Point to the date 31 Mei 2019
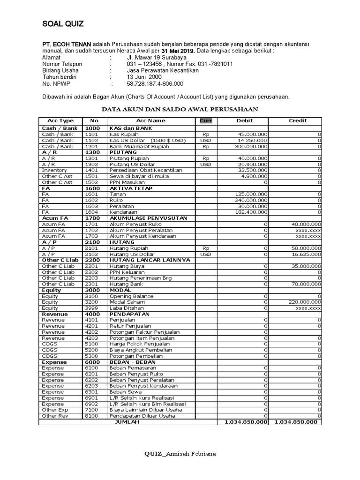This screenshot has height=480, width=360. [x=178, y=51]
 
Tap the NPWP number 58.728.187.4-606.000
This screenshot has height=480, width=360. [x=155, y=83]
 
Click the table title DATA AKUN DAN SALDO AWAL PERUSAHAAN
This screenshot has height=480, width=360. [x=180, y=109]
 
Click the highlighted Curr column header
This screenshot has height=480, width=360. [x=206, y=120]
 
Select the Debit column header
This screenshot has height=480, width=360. [x=244, y=120]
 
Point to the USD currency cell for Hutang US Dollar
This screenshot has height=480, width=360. [x=206, y=254]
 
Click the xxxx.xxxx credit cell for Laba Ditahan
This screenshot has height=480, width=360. [x=308, y=308]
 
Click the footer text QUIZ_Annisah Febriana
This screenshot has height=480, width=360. [x=180, y=454]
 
